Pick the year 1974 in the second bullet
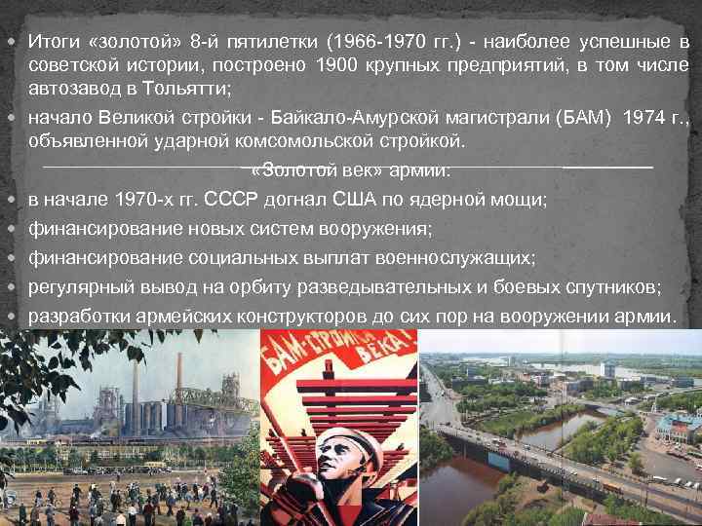(648, 119)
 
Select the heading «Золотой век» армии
(351, 170)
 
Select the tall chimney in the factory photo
(177, 380)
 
